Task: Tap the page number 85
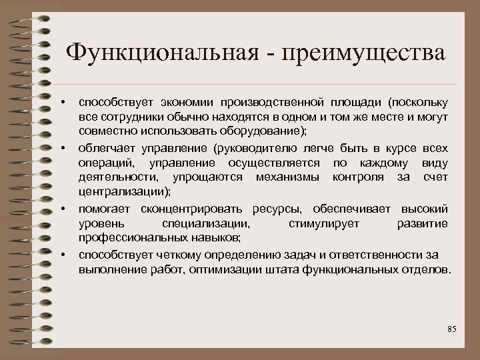point(451,330)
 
